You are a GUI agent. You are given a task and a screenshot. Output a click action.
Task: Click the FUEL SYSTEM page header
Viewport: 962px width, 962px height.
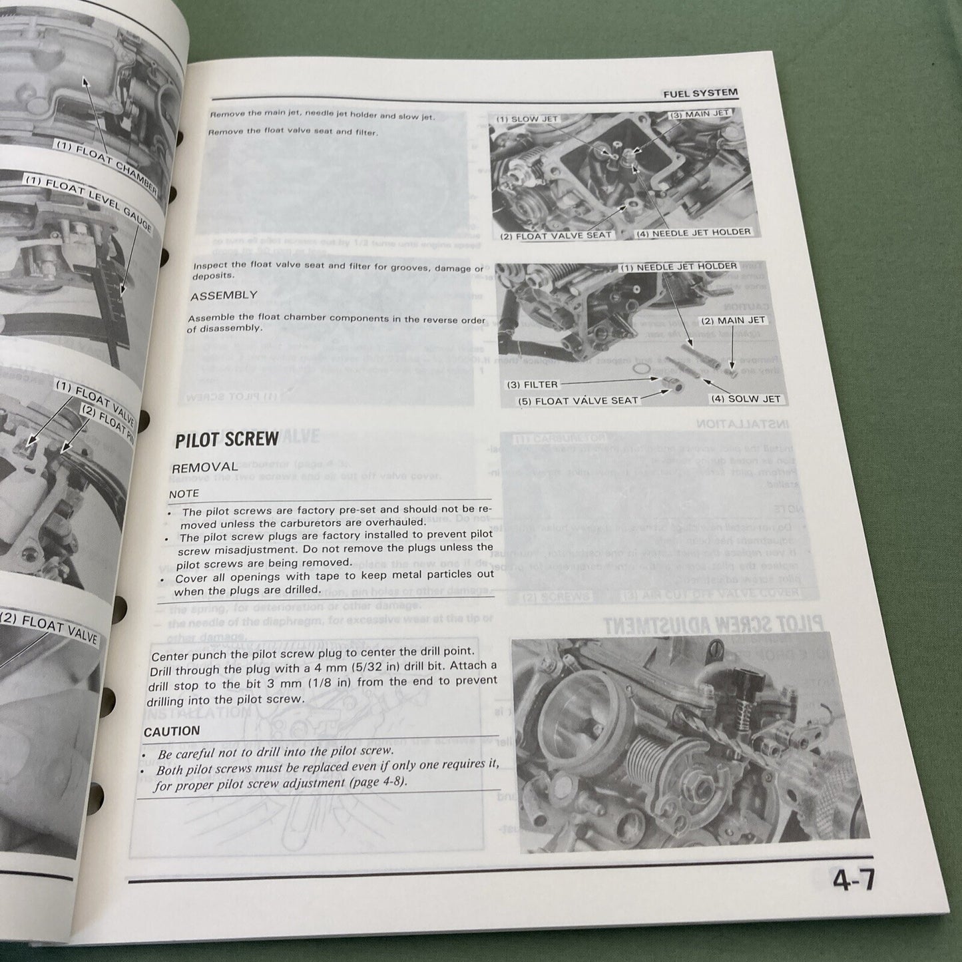(700, 94)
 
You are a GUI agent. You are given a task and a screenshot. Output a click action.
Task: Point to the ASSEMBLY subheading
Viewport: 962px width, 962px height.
(224, 296)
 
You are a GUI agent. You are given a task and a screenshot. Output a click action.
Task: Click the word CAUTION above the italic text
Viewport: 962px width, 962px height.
(171, 732)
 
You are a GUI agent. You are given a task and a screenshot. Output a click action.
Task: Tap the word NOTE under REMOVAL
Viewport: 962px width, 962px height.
(184, 494)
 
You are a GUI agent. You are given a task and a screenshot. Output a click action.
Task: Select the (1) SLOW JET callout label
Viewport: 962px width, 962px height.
(527, 119)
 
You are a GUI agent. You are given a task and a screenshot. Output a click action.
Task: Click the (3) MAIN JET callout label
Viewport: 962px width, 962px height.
(699, 114)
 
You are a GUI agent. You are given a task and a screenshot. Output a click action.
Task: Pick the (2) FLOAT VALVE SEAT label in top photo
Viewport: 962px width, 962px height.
(556, 236)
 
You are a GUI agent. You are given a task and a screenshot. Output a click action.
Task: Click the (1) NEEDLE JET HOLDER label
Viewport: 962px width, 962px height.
(678, 267)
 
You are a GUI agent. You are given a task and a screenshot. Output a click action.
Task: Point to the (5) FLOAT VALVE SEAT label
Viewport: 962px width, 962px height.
(578, 400)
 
